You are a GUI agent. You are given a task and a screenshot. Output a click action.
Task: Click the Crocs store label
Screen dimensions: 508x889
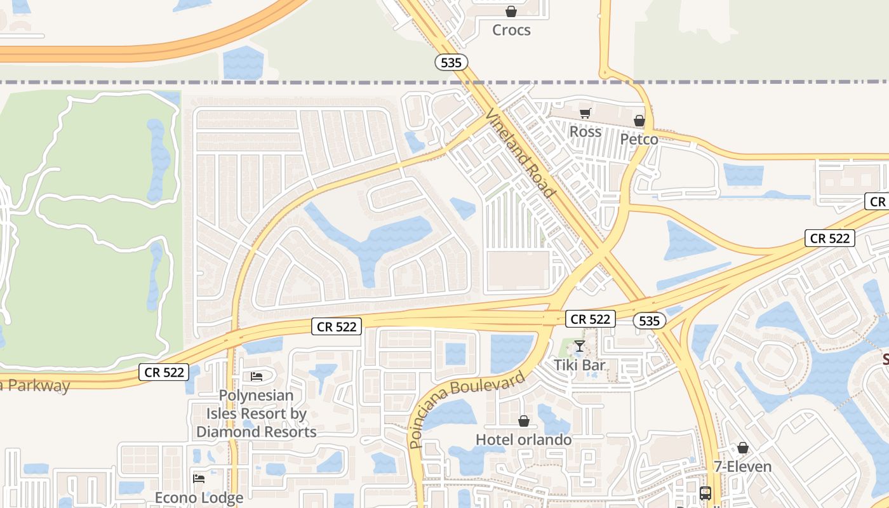click(x=511, y=30)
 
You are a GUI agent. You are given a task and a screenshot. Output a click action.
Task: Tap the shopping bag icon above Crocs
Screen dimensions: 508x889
click(x=511, y=11)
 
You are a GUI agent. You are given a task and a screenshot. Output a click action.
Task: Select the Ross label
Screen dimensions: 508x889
click(x=585, y=131)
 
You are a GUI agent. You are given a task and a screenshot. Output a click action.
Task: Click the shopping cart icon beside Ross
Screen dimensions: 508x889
click(x=585, y=114)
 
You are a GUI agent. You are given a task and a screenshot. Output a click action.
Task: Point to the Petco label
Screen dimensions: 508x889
click(x=639, y=139)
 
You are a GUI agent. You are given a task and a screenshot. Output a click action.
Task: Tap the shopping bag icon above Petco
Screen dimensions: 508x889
click(x=639, y=121)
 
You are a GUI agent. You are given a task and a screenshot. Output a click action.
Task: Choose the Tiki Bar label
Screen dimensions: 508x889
click(x=579, y=365)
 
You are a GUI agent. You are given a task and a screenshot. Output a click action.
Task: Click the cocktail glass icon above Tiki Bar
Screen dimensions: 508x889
click(x=579, y=346)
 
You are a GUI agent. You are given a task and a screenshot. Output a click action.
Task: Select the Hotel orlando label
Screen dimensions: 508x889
click(x=524, y=439)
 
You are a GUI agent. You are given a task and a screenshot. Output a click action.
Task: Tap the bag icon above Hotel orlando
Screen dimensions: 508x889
click(x=524, y=421)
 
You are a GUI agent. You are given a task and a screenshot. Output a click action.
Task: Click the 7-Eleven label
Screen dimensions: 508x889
click(x=742, y=467)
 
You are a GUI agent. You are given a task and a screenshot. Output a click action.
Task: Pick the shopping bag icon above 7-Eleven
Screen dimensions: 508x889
click(x=742, y=448)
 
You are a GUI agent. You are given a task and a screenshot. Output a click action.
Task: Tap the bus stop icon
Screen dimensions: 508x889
click(x=705, y=493)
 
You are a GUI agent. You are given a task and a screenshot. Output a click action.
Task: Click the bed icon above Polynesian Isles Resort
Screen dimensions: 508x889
click(x=257, y=377)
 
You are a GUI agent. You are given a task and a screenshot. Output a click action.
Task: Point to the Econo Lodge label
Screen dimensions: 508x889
click(x=199, y=498)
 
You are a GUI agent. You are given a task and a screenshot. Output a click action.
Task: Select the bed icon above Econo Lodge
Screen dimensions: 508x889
click(x=199, y=478)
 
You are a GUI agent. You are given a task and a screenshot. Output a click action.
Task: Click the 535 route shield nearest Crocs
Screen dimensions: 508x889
click(x=451, y=62)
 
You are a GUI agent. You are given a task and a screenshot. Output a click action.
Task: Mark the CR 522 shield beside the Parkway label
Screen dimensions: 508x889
click(x=164, y=372)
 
